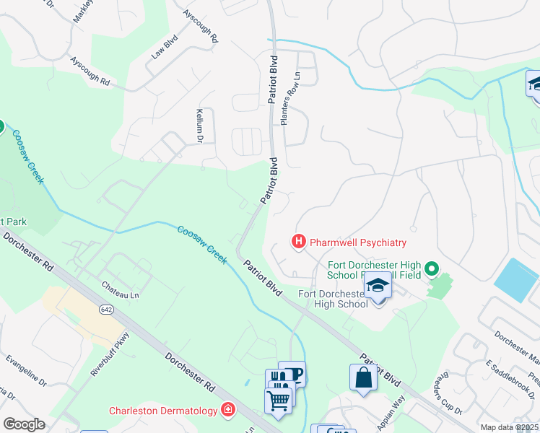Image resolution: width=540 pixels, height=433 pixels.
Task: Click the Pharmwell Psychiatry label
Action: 358,242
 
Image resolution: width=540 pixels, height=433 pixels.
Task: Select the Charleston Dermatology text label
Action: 163,411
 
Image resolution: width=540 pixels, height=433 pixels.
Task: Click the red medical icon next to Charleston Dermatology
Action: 228,410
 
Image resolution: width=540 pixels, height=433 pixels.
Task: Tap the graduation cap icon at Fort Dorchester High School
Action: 377,287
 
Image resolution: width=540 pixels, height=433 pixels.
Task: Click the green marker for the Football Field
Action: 432,270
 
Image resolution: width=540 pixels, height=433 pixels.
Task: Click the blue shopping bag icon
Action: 362,377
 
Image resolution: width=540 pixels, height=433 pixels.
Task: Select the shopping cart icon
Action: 279,401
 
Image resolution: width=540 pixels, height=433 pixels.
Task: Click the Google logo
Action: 24,424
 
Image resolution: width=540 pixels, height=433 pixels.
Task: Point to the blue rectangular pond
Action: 517,280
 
